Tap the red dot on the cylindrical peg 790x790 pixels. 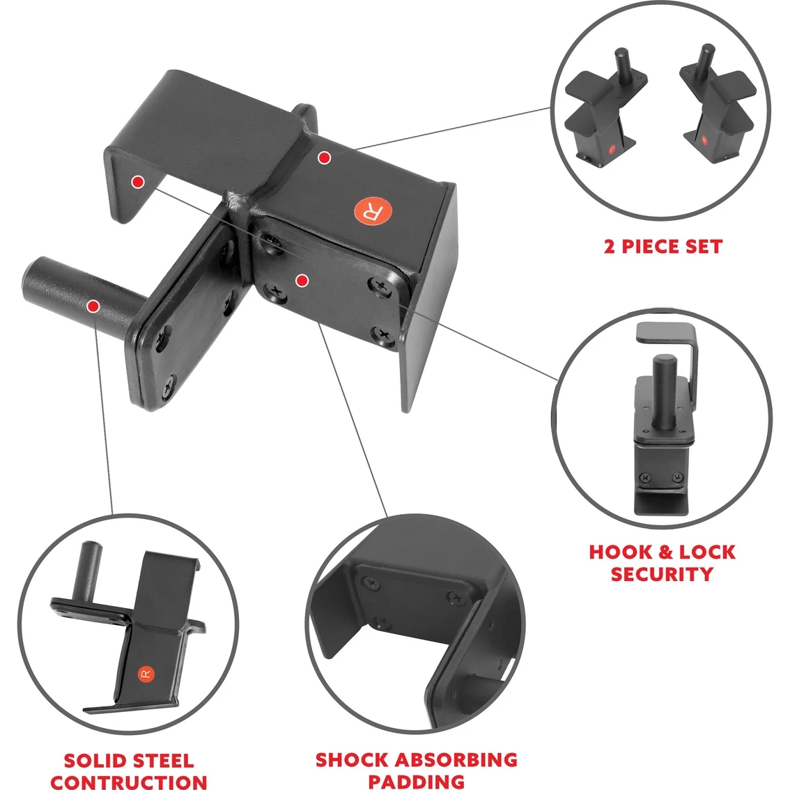click(x=93, y=306)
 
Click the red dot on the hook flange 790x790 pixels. click(x=137, y=182)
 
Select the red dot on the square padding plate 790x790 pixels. click(x=302, y=281)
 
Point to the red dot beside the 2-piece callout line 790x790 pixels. click(x=325, y=158)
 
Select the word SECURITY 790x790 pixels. click(x=662, y=574)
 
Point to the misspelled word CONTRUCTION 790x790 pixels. click(x=129, y=782)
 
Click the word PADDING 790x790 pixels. click(x=416, y=782)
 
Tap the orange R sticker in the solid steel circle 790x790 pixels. click(x=146, y=674)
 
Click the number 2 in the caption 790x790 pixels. click(x=610, y=247)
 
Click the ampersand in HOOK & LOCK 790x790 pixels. click(x=665, y=552)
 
